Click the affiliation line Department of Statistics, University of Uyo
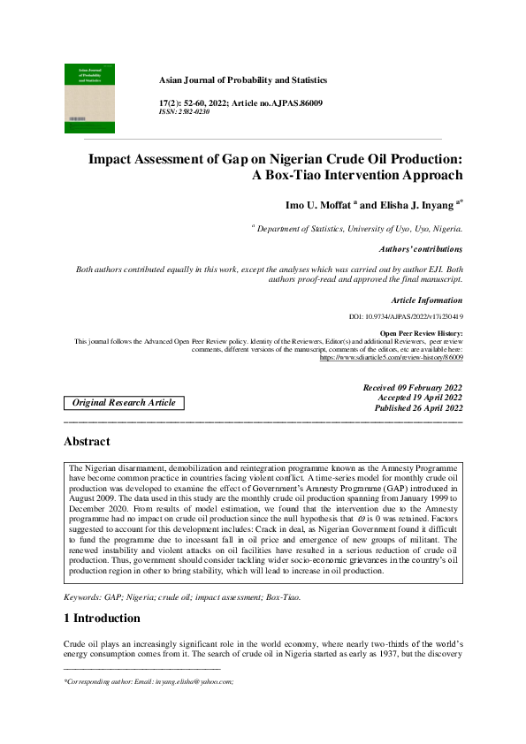point(359,229)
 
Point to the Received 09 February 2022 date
point(412,388)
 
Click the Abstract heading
point(87,441)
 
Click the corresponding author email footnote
point(149,682)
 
